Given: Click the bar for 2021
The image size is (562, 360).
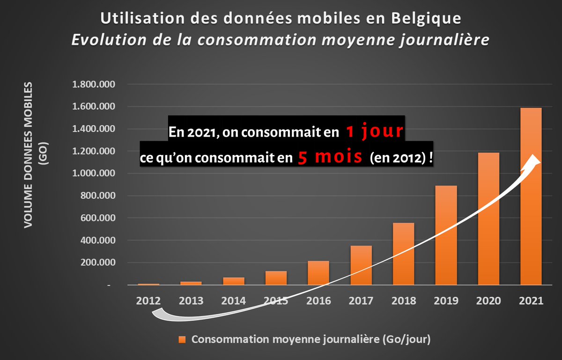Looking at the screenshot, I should click(x=531, y=197).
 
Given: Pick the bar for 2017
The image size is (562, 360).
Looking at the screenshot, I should click(x=361, y=265).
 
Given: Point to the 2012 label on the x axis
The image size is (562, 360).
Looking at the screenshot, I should click(x=149, y=301).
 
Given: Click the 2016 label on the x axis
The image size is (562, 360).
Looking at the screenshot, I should click(x=318, y=301).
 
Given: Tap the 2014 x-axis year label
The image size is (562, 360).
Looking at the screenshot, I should click(x=234, y=301).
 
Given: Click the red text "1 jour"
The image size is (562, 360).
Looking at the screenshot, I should click(x=374, y=132).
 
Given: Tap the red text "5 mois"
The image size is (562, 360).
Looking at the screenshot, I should click(x=330, y=157).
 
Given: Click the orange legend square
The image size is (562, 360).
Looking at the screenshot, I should click(x=182, y=339).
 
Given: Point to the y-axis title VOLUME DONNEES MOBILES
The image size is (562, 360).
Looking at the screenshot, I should click(x=29, y=154).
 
